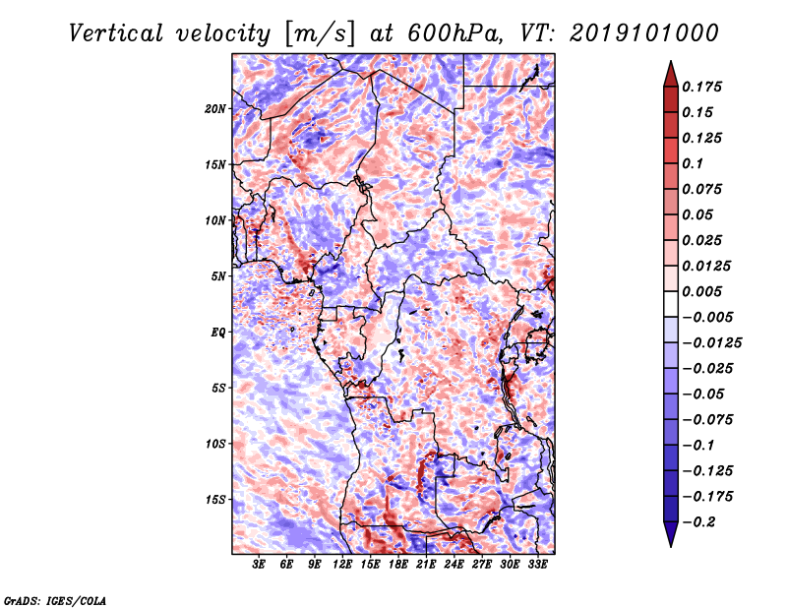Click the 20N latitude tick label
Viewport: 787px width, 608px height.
(215, 109)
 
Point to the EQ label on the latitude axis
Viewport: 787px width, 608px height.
(218, 333)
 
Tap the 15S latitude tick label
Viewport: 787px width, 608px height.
(215, 500)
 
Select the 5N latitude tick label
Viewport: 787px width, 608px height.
(218, 276)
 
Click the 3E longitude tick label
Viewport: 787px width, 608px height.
(259, 565)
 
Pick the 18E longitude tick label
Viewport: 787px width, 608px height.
(397, 565)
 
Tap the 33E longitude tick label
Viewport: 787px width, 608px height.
(537, 565)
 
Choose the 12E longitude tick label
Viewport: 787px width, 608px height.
(341, 565)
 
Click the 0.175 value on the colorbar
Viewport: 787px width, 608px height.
(701, 87)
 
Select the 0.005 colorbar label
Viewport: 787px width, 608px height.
(701, 291)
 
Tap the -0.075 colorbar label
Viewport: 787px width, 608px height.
(707, 419)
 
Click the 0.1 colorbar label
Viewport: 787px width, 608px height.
(693, 163)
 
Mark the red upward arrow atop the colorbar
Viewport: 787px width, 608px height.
(671, 74)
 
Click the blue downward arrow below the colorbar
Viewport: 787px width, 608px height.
(671, 534)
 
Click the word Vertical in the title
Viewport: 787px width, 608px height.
(116, 33)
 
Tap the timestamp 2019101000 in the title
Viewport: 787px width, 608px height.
(644, 33)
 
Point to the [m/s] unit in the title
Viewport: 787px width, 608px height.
(320, 34)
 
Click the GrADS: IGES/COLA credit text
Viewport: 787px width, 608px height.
(55, 600)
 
